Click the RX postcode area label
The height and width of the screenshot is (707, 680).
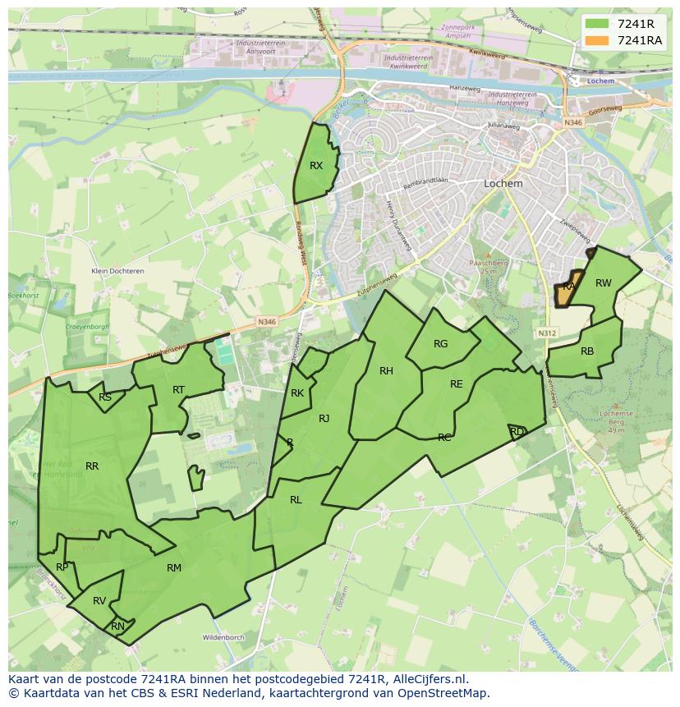point(316,166)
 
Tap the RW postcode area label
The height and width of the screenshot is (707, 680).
point(603,283)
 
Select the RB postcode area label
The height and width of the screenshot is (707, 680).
point(587,351)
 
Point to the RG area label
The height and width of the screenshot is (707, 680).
point(441,344)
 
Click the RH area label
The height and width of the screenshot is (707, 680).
point(386,371)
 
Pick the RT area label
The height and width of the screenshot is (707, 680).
point(178,390)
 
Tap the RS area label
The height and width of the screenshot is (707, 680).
point(105,397)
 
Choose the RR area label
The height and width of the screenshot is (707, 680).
point(92,466)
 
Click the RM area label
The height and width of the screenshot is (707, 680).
point(174,568)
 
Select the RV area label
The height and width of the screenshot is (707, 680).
point(99,601)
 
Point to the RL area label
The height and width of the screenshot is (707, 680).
point(296,500)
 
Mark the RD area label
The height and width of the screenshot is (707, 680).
point(517,431)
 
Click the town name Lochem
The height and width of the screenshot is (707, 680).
point(503,184)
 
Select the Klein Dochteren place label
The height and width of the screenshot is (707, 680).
point(117,271)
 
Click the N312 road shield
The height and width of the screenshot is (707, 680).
point(547,333)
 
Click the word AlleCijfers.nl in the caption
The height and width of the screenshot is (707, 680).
point(430,679)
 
